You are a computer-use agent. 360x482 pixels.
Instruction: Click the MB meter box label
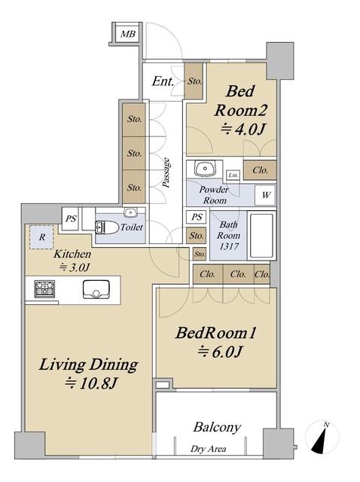point(128,34)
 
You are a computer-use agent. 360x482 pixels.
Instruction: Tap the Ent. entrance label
point(163,81)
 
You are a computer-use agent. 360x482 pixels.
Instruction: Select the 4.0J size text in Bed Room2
point(243,130)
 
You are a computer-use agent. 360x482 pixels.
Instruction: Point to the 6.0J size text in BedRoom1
point(220,352)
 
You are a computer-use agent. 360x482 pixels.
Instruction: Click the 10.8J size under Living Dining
point(91,383)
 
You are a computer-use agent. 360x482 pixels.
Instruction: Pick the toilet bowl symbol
point(107,227)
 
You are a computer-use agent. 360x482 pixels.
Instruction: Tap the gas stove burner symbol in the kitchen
point(44,289)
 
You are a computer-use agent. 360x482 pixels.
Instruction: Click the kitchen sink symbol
point(96,289)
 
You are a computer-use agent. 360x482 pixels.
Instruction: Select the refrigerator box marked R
point(42,237)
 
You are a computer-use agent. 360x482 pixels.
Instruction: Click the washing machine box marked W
point(266,195)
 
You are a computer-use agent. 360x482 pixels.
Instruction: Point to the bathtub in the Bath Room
point(261,236)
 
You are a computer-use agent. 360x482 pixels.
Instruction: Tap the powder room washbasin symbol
point(204,169)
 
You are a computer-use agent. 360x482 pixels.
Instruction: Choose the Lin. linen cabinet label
point(233,175)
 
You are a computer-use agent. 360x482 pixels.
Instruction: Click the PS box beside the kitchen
point(71,219)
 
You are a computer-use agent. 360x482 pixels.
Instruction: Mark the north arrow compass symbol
point(322,438)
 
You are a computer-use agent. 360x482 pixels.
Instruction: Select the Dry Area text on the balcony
point(208,449)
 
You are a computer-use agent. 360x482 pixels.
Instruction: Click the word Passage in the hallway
point(166,172)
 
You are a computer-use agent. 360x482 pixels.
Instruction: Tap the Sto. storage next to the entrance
point(194,81)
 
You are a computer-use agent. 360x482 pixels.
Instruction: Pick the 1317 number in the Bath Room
point(229,246)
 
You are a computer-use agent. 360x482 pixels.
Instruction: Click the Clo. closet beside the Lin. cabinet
point(260,170)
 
